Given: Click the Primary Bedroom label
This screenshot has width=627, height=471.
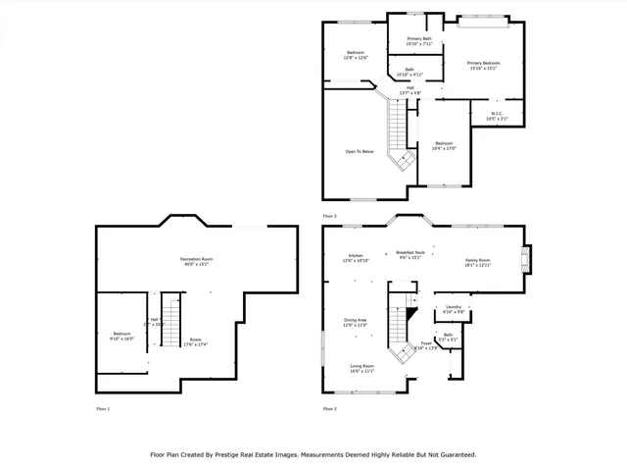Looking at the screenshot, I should tap(484, 62).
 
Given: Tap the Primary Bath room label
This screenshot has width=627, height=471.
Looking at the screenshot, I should tap(420, 38).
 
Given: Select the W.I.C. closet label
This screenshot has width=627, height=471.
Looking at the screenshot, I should tap(496, 113).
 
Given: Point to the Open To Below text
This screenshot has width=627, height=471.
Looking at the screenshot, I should tap(360, 152).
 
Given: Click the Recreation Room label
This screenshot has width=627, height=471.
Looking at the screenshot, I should tap(197, 259).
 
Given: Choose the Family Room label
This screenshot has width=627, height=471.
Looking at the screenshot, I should tap(477, 260).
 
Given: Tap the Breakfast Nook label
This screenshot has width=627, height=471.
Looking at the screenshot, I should tap(410, 252).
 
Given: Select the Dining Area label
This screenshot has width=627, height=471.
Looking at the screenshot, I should tap(356, 320).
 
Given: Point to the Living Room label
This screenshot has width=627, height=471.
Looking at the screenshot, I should tap(362, 366).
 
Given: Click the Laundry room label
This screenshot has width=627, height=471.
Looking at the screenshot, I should tap(453, 307).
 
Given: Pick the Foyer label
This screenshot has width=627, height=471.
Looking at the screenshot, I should tap(426, 342).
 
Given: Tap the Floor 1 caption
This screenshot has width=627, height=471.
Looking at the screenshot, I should tap(103, 408).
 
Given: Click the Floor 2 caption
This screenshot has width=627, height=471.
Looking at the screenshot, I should tap(329, 408).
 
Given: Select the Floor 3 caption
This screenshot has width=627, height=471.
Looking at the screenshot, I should tap(329, 215).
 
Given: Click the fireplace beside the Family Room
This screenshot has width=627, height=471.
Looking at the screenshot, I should tap(526, 260).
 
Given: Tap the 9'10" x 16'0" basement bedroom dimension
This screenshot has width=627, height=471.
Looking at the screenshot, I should tap(121, 339).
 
